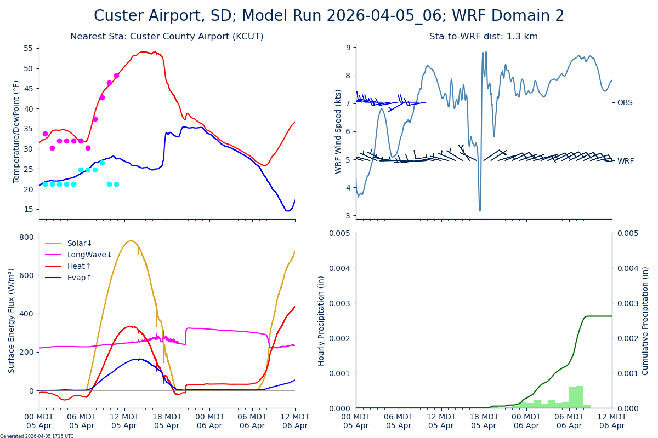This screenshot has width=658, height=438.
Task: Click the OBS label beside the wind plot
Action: [x=625, y=102]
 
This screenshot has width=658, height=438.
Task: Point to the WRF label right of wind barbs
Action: [x=625, y=161]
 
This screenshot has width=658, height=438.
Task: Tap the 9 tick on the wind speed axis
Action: [x=348, y=48]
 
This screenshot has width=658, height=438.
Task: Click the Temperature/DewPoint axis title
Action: [x=16, y=131]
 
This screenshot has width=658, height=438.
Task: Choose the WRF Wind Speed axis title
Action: [x=338, y=131]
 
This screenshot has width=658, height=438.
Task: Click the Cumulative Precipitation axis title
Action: [x=645, y=320]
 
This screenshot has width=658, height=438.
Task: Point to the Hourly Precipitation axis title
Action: [x=321, y=320]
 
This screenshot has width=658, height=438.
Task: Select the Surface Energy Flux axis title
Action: [x=12, y=320]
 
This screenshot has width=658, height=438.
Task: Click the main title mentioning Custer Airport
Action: [x=329, y=16]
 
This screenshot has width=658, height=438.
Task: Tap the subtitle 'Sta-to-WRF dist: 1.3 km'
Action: [x=483, y=37]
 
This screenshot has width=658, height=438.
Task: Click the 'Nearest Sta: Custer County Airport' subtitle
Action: [x=167, y=37]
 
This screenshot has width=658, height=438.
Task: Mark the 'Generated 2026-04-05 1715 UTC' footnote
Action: [x=37, y=436]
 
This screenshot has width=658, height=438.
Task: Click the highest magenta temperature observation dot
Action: [x=116, y=76]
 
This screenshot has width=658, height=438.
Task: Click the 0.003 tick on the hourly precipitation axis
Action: [x=340, y=303]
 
